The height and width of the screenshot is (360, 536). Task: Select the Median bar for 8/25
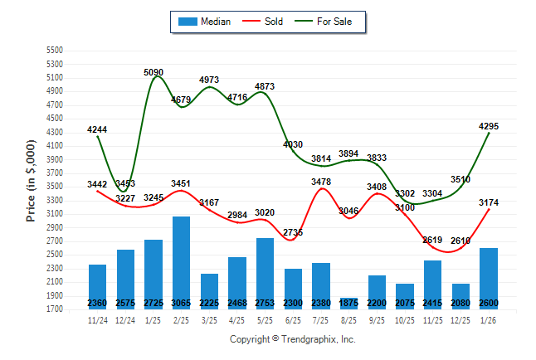pyautogui.click(x=348, y=303)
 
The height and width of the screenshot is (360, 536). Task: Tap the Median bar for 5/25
pyautogui.click(x=265, y=274)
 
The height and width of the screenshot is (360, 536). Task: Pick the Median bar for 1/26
pyautogui.click(x=489, y=279)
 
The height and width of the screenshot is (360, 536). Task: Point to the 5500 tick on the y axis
pyautogui.click(x=55, y=51)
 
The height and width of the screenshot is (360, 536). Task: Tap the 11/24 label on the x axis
pyautogui.click(x=98, y=320)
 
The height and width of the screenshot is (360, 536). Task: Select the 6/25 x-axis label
pyautogui.click(x=293, y=320)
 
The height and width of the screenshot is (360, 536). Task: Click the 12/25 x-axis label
pyautogui.click(x=460, y=320)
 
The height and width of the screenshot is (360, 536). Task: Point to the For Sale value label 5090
pyautogui.click(x=153, y=73)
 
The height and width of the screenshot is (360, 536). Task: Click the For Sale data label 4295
pyautogui.click(x=489, y=126)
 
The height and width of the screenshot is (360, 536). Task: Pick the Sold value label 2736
pyautogui.click(x=292, y=232)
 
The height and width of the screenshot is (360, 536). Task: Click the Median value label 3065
pyautogui.click(x=181, y=304)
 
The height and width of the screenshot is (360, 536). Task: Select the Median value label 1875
pyautogui.click(x=348, y=304)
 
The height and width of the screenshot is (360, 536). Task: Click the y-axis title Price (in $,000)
pyautogui.click(x=31, y=179)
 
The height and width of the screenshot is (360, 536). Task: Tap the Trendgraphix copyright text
pyautogui.click(x=292, y=339)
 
